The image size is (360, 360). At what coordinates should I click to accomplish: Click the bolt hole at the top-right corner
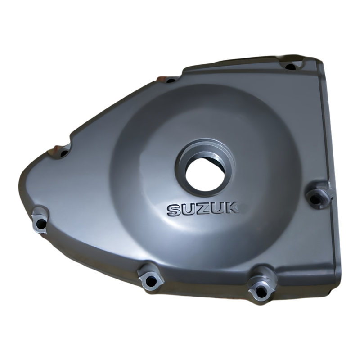pyautogui.click(x=291, y=67)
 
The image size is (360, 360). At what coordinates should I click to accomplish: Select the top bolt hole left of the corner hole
pyautogui.click(x=171, y=81)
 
